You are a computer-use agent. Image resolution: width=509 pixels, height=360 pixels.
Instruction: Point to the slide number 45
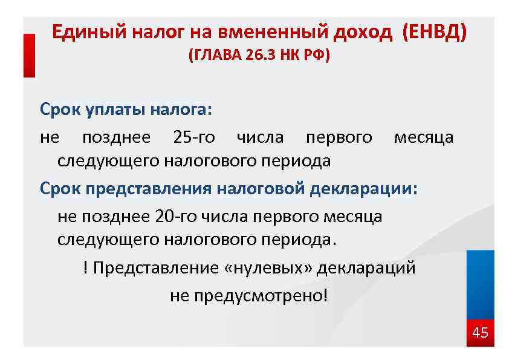coord(480,332)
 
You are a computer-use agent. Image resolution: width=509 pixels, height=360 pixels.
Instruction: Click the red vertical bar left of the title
coord(29,55)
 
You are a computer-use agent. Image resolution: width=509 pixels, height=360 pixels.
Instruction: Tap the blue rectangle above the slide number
coord(481,284)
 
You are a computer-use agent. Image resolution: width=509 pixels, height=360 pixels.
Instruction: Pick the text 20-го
coord(176,216)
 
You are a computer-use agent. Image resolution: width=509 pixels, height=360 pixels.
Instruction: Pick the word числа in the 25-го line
coord(260,137)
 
